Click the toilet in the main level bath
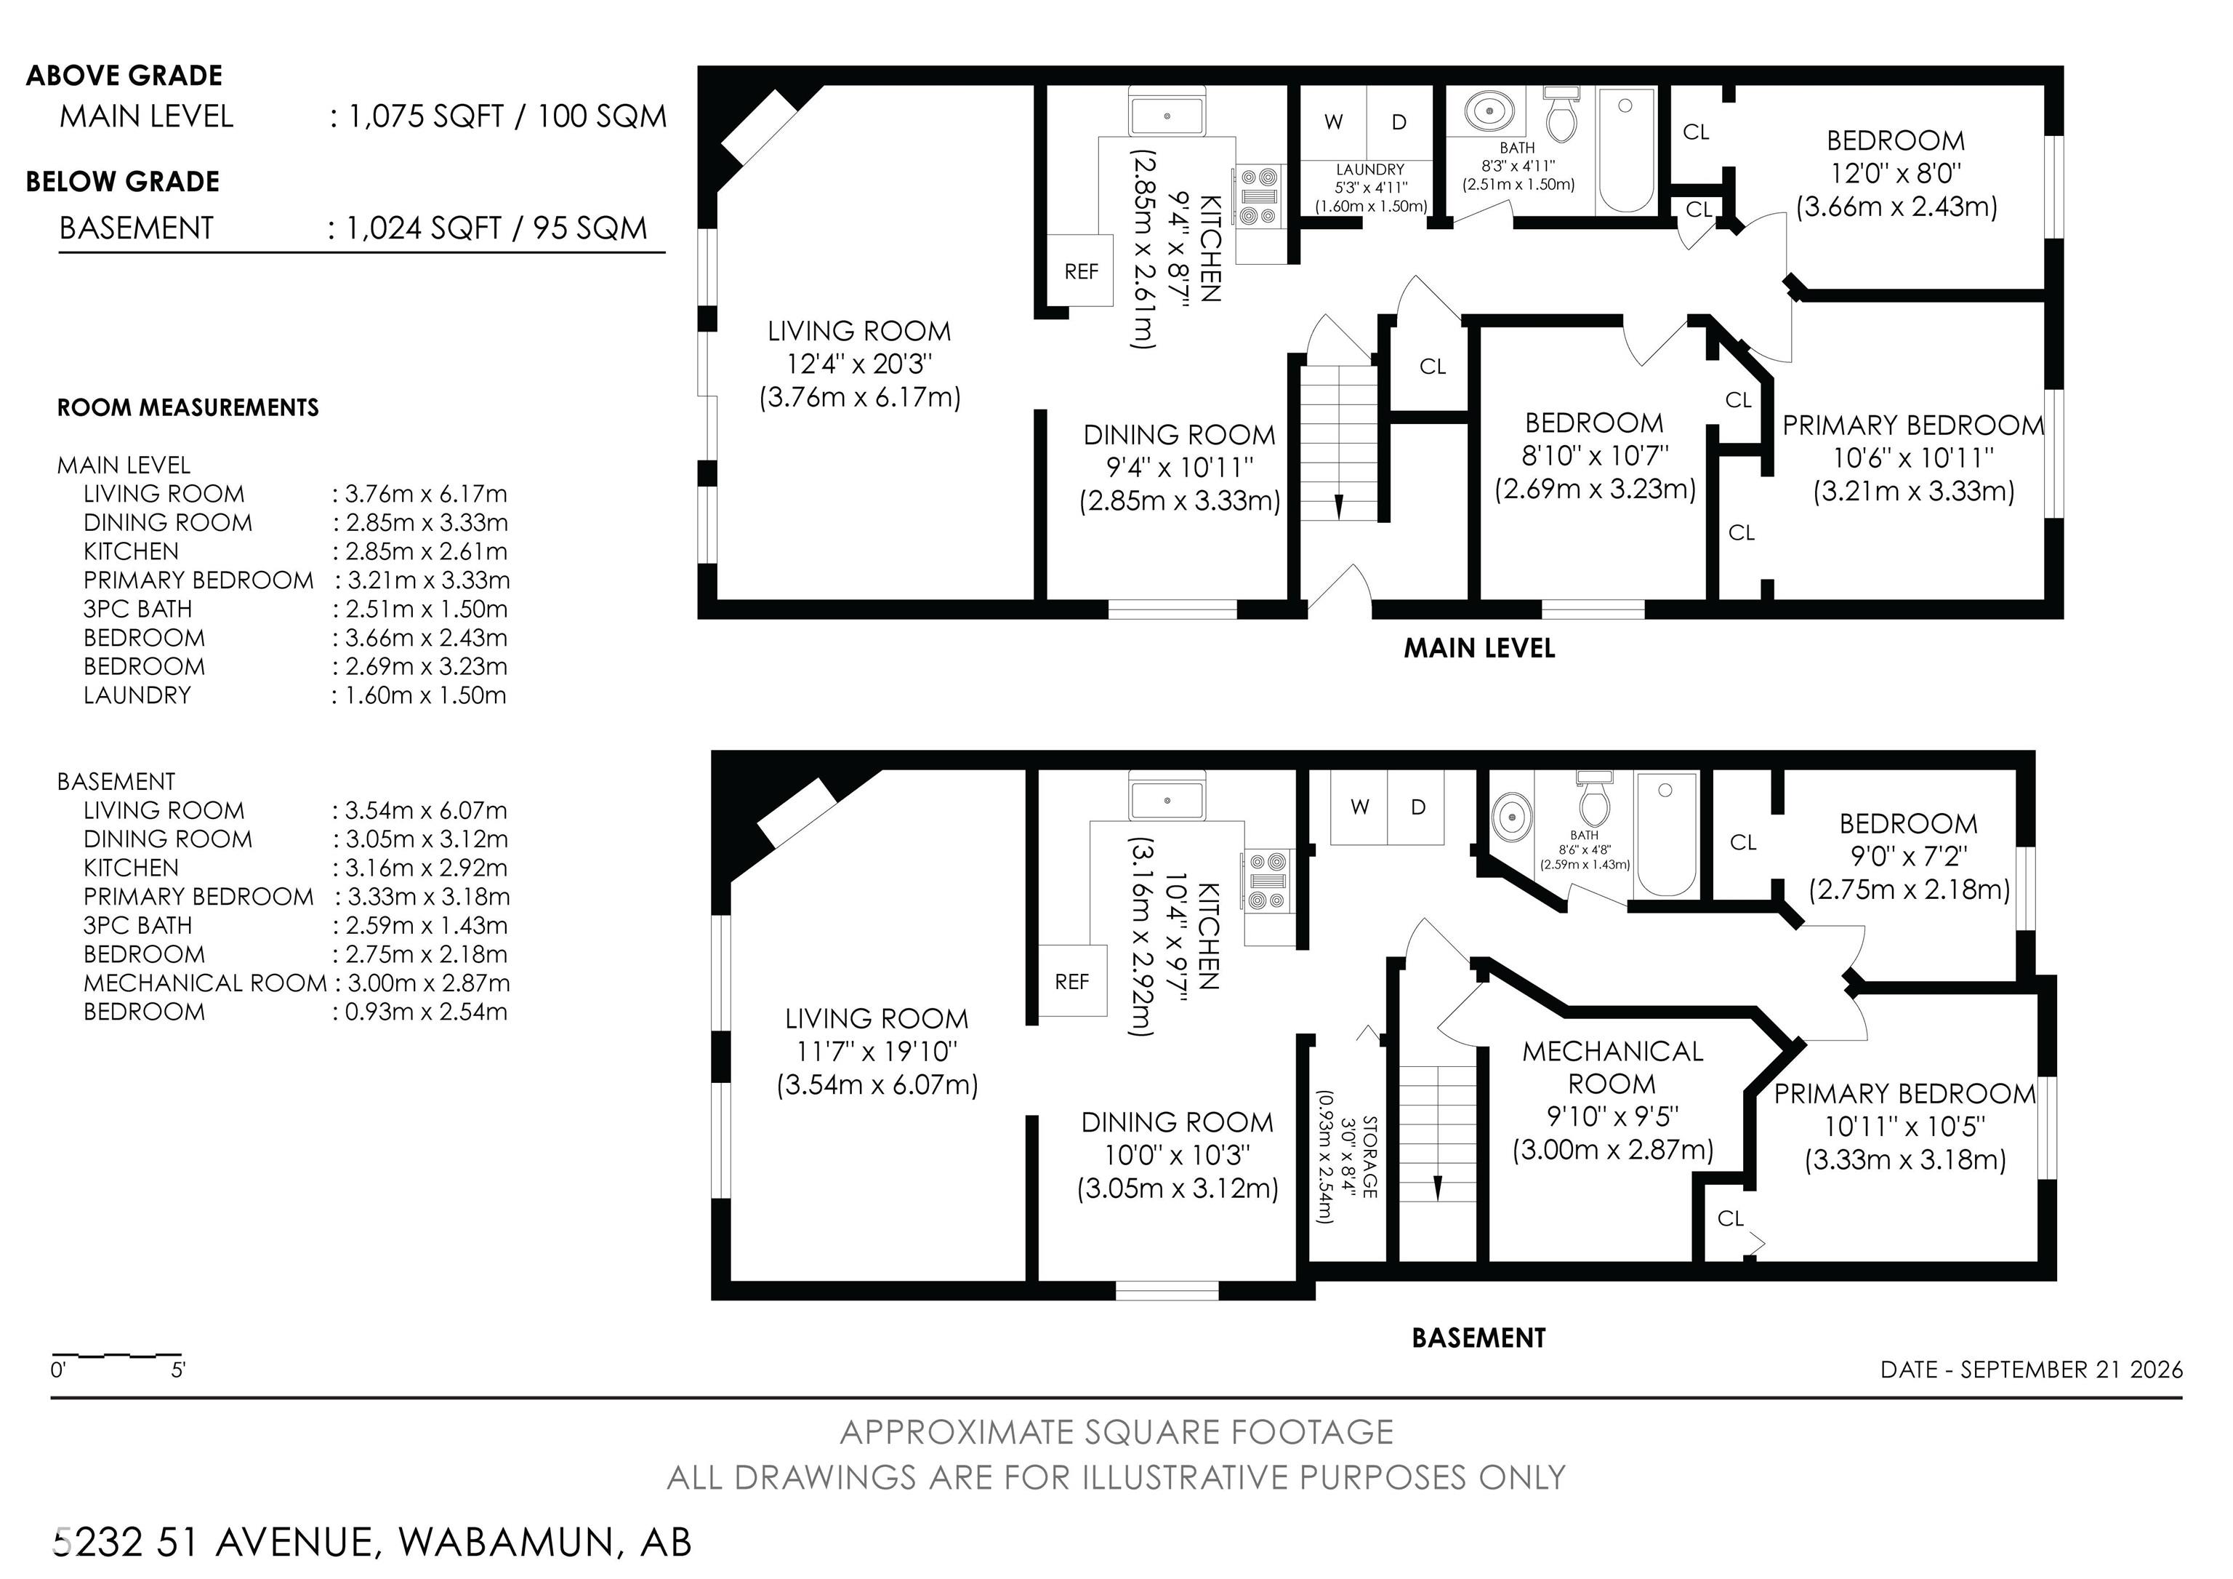[x=1561, y=115]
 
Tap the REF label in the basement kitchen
[x=1071, y=982]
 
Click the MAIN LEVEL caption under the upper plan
[x=1478, y=648]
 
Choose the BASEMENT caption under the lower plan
[x=1478, y=1338]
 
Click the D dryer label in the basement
[x=1418, y=807]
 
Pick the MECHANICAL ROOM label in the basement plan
[x=1612, y=1067]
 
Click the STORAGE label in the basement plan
[x=1369, y=1156]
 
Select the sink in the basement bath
[x=1510, y=818]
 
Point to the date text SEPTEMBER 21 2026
[x=2072, y=1370]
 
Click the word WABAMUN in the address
[x=507, y=1543]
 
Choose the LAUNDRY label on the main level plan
[x=1369, y=169]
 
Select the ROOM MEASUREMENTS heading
[x=188, y=407]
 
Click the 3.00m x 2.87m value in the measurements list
[x=428, y=983]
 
